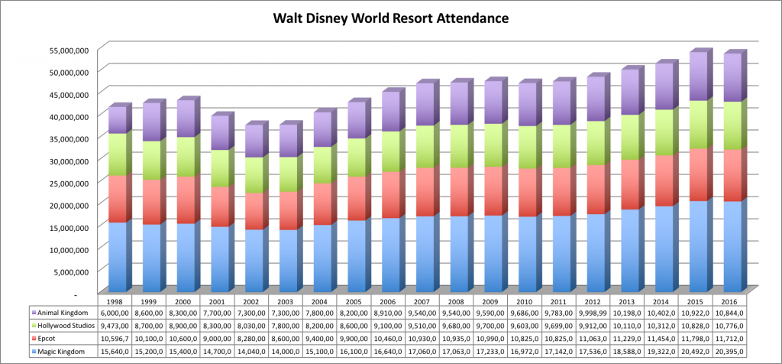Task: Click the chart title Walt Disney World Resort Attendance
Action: click(x=390, y=17)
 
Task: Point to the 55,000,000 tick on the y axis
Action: click(x=70, y=49)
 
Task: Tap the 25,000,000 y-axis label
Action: click(x=70, y=182)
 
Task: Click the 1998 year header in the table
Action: click(x=116, y=300)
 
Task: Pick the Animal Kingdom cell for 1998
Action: click(x=116, y=312)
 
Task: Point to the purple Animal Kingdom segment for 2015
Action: click(x=698, y=76)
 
